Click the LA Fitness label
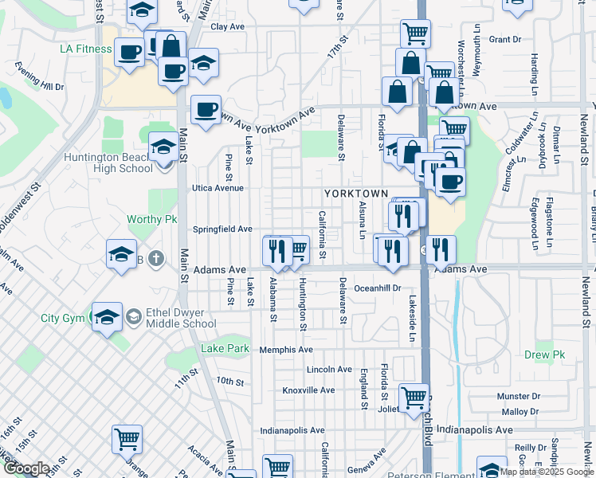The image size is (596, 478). [x=86, y=49]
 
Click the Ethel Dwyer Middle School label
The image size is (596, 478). [x=170, y=318]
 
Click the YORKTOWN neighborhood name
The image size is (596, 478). [x=355, y=194]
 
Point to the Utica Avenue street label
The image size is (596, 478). [x=218, y=189]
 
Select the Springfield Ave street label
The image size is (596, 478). [x=222, y=229]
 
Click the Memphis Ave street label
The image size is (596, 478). [x=285, y=350]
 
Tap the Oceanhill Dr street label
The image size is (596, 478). [x=377, y=288]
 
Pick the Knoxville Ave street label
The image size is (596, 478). [x=309, y=390]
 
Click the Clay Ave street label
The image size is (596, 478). [x=227, y=27]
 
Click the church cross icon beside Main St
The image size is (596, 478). [x=156, y=258]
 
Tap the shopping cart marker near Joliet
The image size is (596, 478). [x=414, y=398]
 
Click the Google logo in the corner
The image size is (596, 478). [x=26, y=468]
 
